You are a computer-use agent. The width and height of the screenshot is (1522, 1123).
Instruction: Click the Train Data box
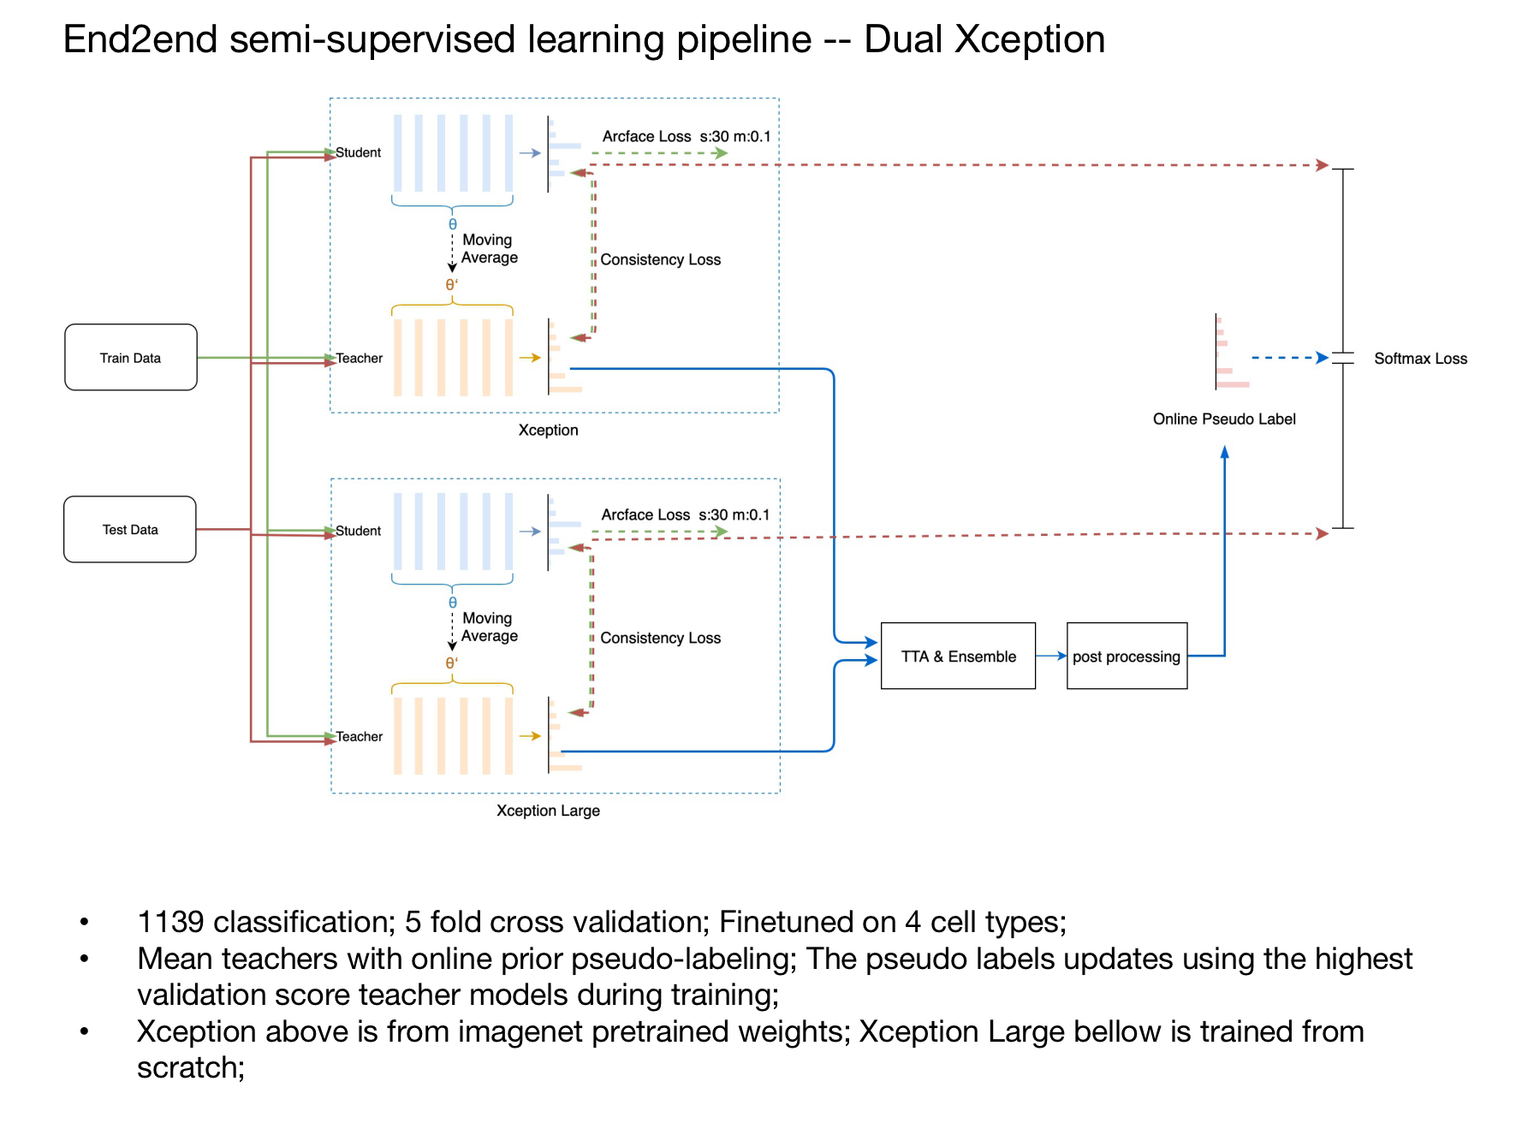[x=131, y=357]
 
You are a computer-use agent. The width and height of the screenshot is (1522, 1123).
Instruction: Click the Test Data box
[x=130, y=529]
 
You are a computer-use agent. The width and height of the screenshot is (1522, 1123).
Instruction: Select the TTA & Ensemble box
[x=958, y=656]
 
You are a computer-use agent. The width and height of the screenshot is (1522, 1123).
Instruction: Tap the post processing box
[x=1127, y=656]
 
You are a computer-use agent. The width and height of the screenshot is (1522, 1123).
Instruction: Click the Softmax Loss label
[x=1420, y=359]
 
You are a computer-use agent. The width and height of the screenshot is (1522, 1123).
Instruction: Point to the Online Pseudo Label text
[x=1224, y=419]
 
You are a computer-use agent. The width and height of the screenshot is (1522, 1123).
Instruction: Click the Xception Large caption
[x=548, y=811]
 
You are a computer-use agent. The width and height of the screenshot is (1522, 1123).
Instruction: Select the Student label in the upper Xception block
[x=359, y=152]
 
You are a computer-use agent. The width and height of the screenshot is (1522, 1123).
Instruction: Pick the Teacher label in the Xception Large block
[x=360, y=736]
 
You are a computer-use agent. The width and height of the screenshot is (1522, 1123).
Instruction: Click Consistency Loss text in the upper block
[x=660, y=259]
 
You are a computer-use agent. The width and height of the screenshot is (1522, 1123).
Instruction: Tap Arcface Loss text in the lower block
[x=645, y=514]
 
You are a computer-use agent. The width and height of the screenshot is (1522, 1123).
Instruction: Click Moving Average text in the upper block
[x=489, y=248]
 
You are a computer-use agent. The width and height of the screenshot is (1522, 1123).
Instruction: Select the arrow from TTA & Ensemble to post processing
[x=1051, y=656]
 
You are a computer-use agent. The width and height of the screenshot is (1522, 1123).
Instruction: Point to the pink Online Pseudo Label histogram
[x=1232, y=352]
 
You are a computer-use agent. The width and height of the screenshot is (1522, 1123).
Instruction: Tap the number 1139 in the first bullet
[x=170, y=922]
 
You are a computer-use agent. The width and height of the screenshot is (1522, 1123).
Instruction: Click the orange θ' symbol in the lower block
[x=451, y=663]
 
